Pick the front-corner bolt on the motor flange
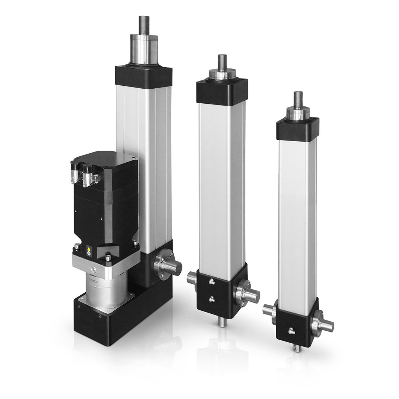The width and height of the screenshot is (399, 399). click(109, 258)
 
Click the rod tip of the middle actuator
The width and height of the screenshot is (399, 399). click(222, 61)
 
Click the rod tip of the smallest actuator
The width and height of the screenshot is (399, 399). click(298, 98)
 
